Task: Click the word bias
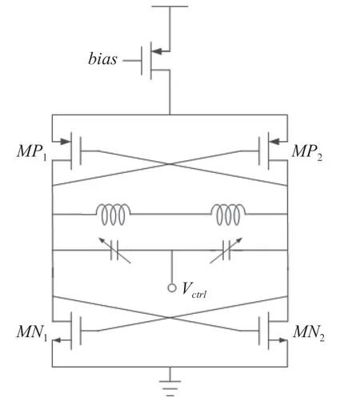point(102,58)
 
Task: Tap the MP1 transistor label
point(32,152)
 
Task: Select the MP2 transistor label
point(307,152)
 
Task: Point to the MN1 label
point(32,333)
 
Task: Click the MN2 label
point(309,333)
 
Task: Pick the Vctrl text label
point(194,290)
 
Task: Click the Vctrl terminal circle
point(172,288)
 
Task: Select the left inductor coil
point(113,215)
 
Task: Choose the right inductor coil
point(228,215)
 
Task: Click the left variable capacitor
point(114,251)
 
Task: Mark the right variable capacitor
point(226,251)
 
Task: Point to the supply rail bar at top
point(170,6)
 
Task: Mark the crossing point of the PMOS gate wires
point(170,164)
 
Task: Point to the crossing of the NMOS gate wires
point(170,317)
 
